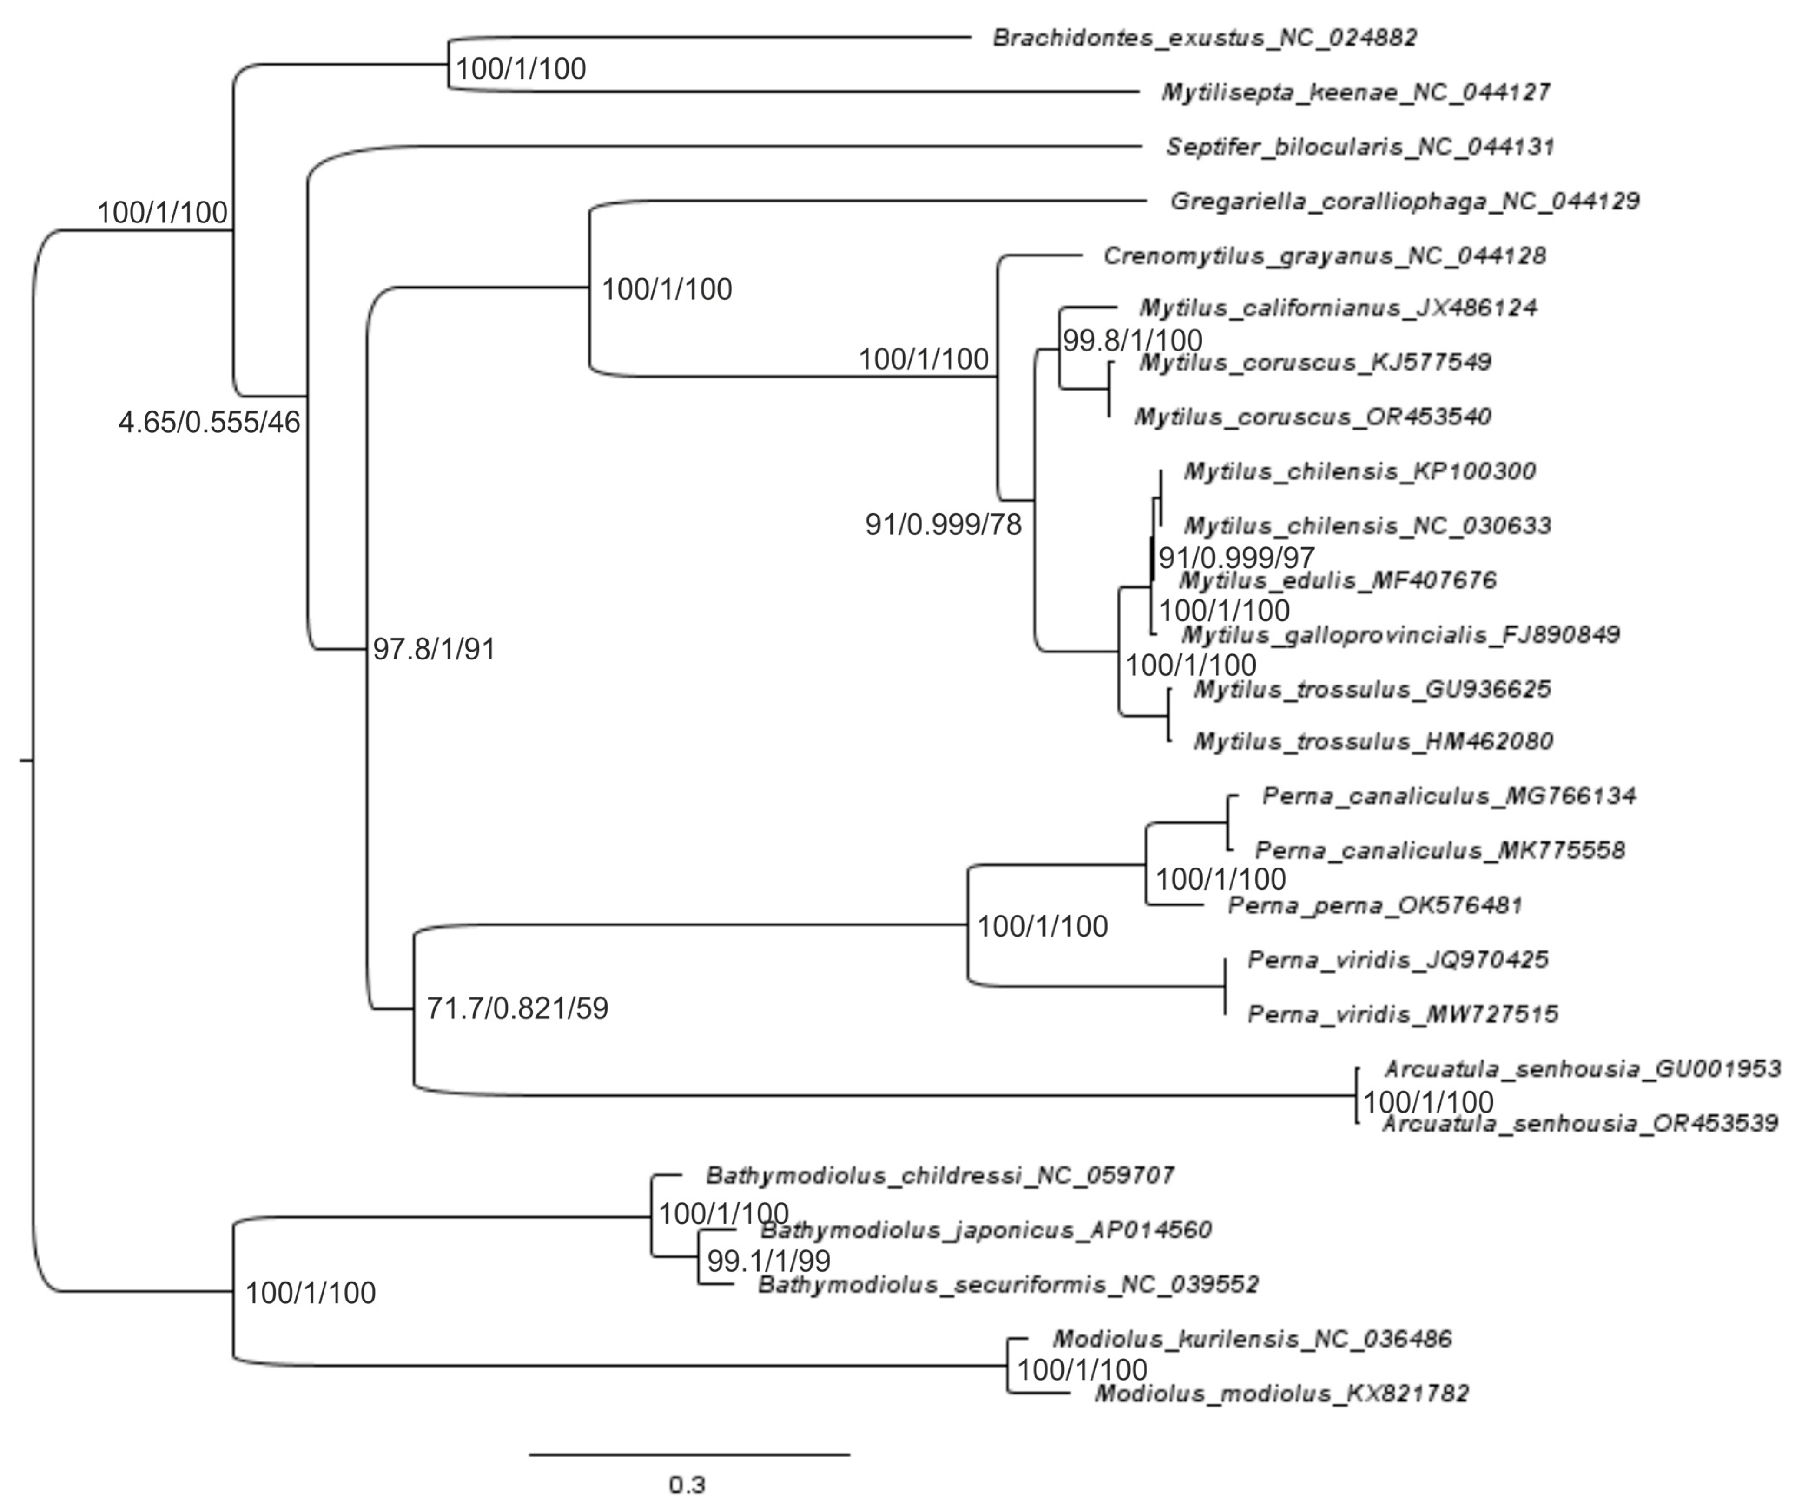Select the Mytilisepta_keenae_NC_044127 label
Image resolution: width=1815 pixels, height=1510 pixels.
(x=1355, y=93)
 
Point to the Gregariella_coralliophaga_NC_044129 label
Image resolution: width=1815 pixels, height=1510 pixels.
(x=1405, y=202)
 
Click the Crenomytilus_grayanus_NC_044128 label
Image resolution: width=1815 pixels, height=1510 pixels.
(x=1324, y=256)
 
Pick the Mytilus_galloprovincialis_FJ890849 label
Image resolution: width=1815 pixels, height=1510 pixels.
(x=1400, y=635)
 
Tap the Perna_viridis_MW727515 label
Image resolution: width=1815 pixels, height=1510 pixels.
(x=1403, y=1014)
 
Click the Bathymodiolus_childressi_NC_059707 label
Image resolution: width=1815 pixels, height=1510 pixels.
(x=939, y=1176)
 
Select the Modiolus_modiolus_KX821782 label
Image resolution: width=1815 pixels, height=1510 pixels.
(x=1282, y=1394)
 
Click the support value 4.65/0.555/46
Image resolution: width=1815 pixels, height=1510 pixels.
(x=209, y=423)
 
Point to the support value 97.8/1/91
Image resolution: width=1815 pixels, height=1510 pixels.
(x=434, y=649)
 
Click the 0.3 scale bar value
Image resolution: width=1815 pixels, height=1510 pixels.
(x=687, y=1485)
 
